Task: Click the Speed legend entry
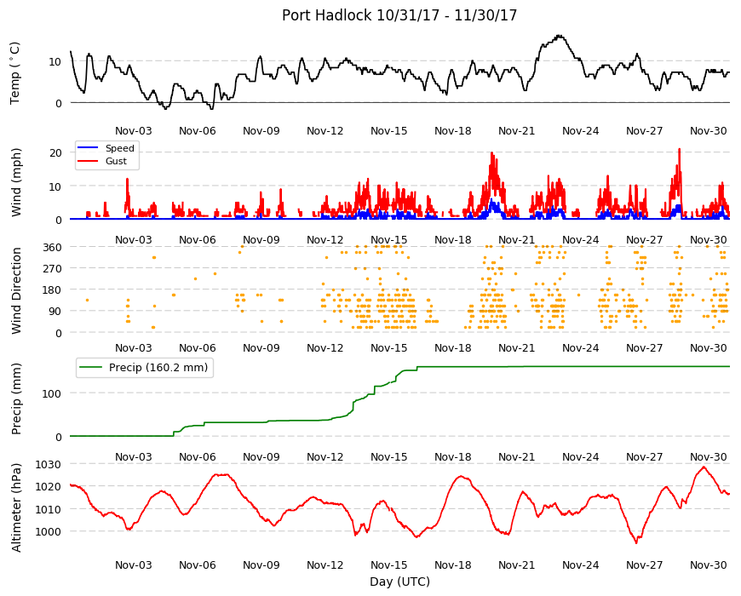pos(119,148)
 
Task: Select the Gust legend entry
pos(116,161)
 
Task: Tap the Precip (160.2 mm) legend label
pos(158,368)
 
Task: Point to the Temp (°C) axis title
pos(15,73)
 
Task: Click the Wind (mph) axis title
pos(16,183)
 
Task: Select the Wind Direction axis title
pos(16,291)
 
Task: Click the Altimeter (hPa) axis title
pos(16,508)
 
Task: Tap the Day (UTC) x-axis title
pos(399,582)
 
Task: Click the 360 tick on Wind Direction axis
pos(53,247)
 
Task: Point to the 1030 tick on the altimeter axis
pos(49,464)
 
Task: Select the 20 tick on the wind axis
pos(55,152)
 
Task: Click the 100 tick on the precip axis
pos(52,393)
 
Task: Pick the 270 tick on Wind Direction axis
pos(53,268)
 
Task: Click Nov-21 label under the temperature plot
pos(516,131)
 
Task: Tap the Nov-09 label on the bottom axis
pos(261,564)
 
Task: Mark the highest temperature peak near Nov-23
pos(560,36)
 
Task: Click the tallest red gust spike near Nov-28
pos(679,149)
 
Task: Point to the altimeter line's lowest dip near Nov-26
pos(636,543)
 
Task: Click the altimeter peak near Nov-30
pos(704,467)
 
